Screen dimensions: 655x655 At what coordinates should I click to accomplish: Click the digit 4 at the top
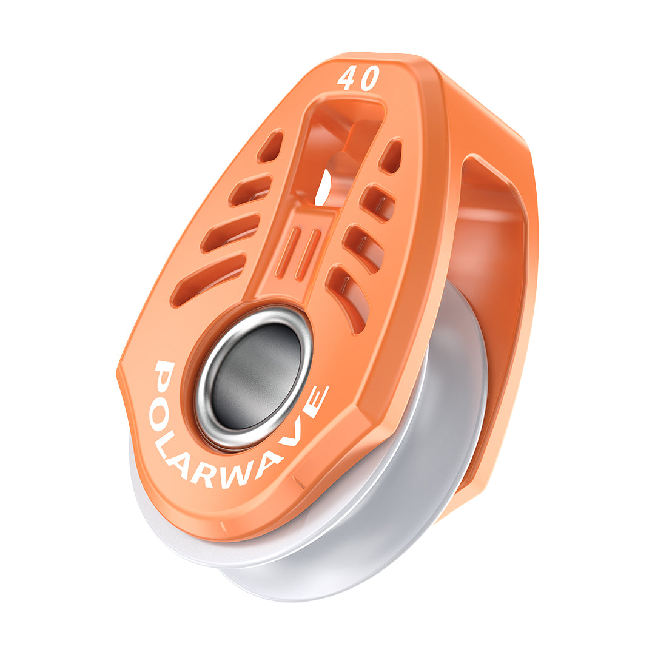coord(348,79)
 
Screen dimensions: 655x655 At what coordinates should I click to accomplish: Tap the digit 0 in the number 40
coord(369,79)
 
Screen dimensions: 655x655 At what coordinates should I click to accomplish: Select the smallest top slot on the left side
coord(270,146)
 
